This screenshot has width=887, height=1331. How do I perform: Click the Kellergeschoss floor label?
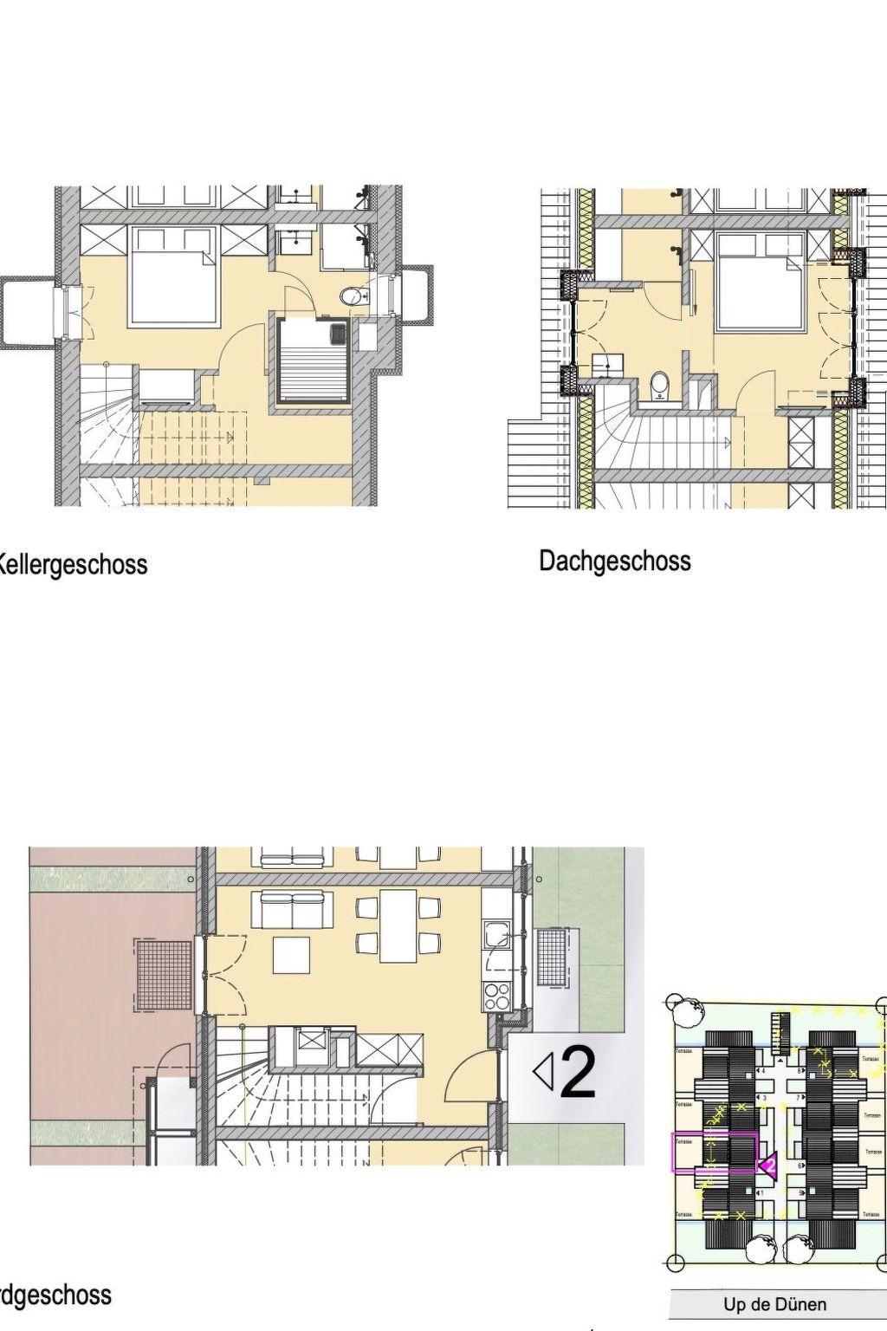click(x=73, y=565)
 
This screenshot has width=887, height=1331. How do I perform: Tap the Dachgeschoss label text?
click(x=615, y=561)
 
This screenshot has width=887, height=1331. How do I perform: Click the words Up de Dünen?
click(x=774, y=1304)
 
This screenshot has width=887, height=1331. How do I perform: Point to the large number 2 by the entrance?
click(x=578, y=1073)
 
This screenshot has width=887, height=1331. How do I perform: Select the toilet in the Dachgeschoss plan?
click(x=660, y=386)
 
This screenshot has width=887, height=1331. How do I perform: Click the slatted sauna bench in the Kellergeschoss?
click(x=314, y=360)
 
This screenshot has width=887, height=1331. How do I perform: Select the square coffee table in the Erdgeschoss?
click(x=291, y=955)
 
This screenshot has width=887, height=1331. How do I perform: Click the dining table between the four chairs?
click(x=398, y=925)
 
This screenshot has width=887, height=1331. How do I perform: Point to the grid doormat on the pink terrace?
click(x=164, y=975)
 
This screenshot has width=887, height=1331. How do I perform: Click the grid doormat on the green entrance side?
click(x=552, y=957)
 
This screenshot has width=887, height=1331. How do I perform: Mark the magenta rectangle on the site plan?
click(x=715, y=1152)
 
